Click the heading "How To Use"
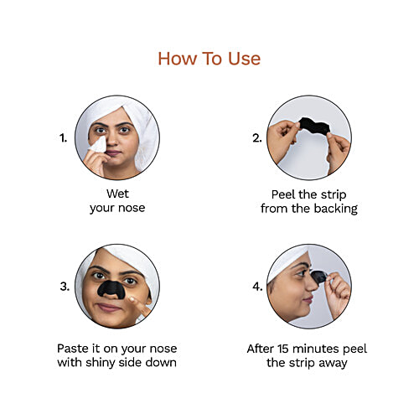pyautogui.click(x=209, y=58)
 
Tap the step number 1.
pyautogui.click(x=63, y=137)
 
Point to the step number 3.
pyautogui.click(x=65, y=286)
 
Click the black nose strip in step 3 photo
pyautogui.click(x=109, y=290)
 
